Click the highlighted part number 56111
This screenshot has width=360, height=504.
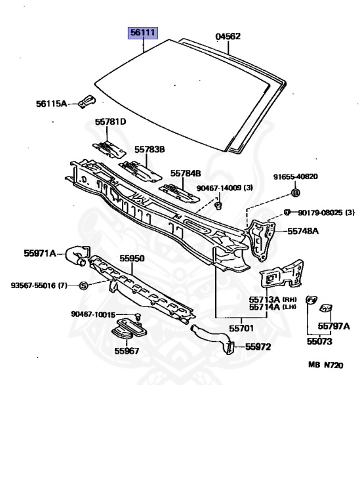[x=143, y=33]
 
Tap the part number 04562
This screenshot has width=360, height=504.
[x=228, y=36]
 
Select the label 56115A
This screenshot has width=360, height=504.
[x=51, y=104]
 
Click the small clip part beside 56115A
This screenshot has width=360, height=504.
[x=87, y=101]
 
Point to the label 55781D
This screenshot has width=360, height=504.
[x=110, y=121]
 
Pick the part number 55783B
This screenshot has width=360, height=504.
[x=150, y=150]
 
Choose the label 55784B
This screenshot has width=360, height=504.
[x=186, y=173]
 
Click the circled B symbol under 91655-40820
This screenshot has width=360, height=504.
[x=296, y=193]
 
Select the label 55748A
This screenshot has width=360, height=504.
[x=303, y=231]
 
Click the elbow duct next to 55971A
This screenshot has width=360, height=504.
[x=77, y=255]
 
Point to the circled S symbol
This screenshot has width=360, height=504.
[x=83, y=285]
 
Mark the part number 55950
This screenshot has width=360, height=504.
[x=132, y=258]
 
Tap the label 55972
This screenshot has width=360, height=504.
[x=258, y=346]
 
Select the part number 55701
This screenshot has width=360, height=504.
[x=241, y=328]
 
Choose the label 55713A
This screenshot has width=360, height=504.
[x=265, y=299]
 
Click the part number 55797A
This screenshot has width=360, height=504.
[x=334, y=326]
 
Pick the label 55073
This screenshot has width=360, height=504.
[x=319, y=341]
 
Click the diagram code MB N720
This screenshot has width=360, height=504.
[x=326, y=365]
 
